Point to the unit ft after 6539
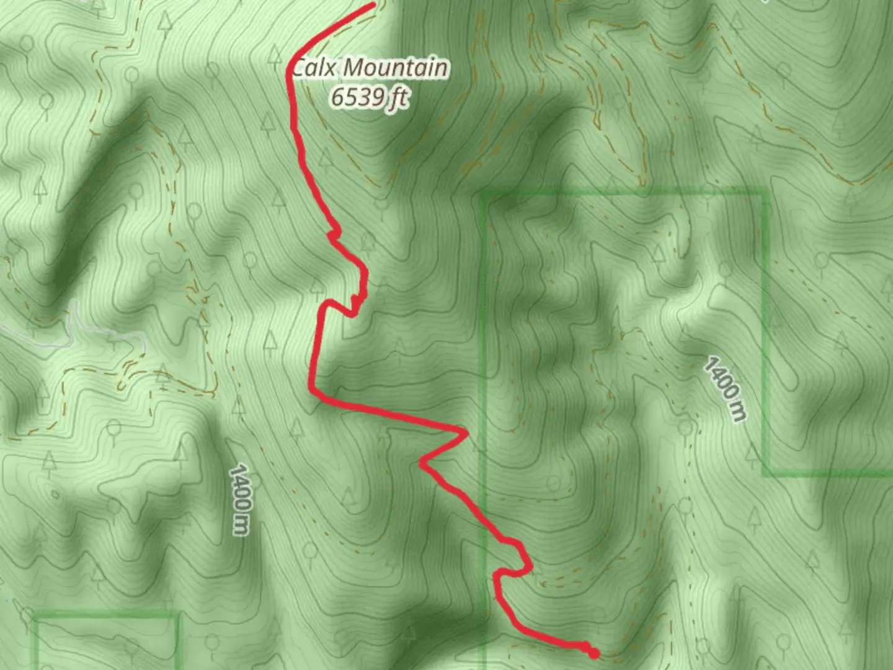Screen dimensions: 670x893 pos(398,97)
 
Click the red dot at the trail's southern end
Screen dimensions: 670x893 pos(593,653)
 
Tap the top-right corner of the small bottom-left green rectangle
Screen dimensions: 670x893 pos(178,616)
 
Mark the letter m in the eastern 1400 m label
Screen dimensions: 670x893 pos(737,413)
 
